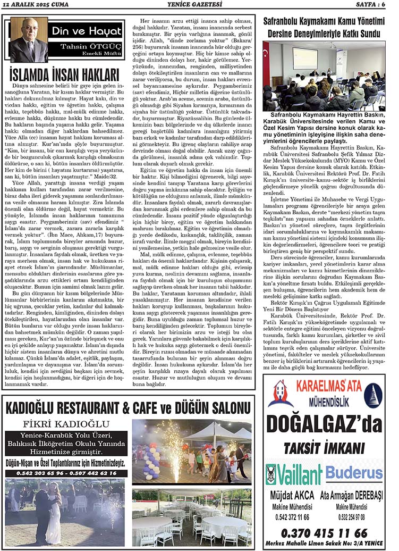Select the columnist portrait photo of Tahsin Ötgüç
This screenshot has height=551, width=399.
(x=28, y=40)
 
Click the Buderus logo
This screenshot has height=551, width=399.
(x=354, y=472)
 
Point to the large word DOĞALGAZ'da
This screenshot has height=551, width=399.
(x=324, y=424)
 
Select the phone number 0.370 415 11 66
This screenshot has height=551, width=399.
(x=324, y=532)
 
